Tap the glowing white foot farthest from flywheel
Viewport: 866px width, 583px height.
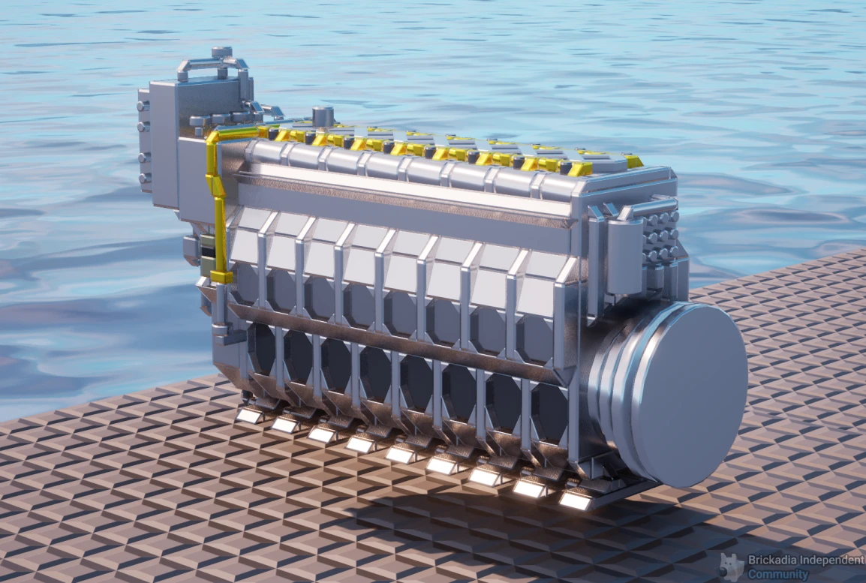tap(250, 415)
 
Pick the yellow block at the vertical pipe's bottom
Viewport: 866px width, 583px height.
tap(221, 276)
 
